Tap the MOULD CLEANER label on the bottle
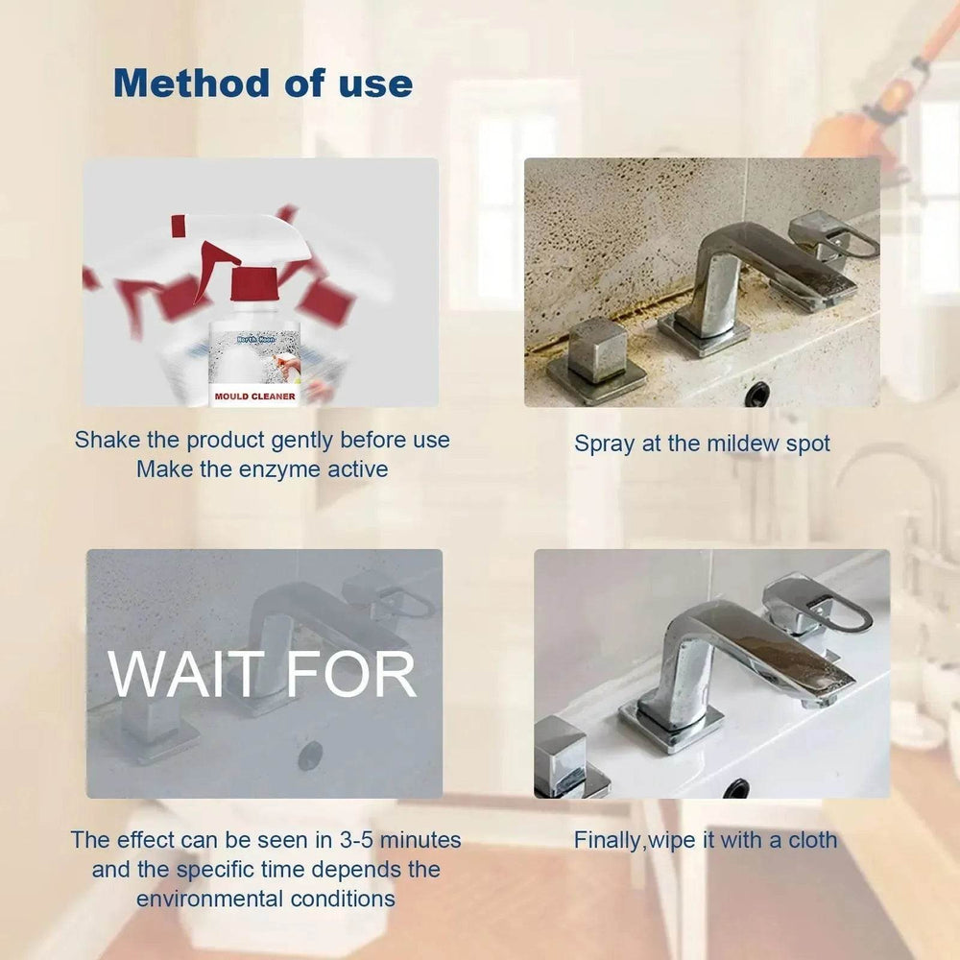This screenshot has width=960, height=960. (255, 395)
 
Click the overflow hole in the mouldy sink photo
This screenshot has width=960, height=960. (757, 392)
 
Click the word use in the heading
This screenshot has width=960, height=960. (375, 84)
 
